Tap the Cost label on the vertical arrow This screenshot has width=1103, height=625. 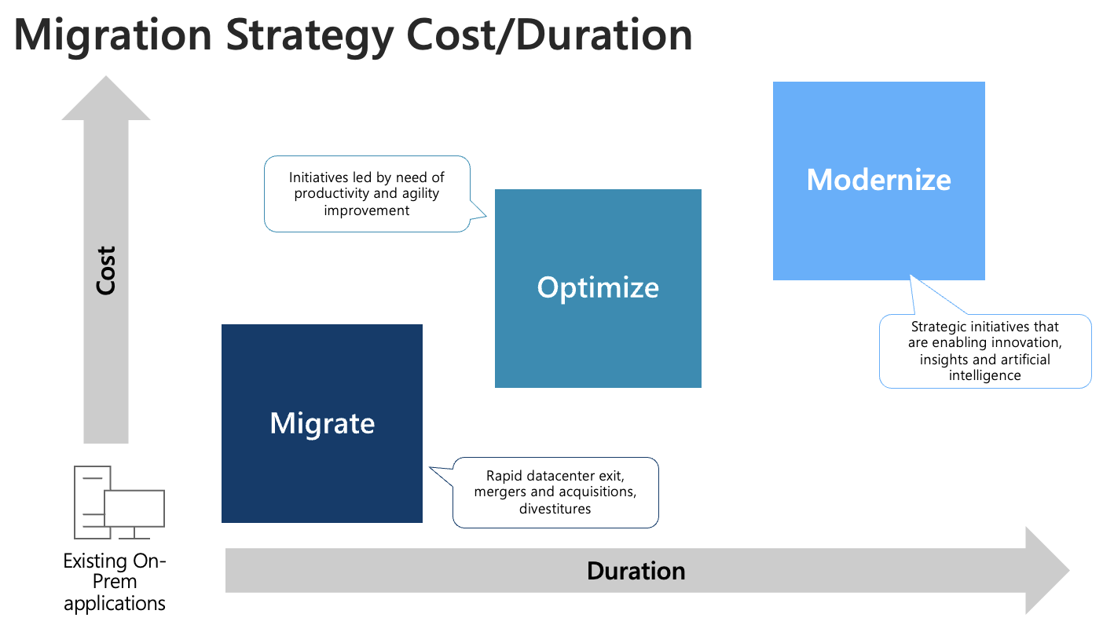106,271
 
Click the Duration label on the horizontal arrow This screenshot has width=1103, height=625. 636,571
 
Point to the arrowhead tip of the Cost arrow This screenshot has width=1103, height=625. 106,79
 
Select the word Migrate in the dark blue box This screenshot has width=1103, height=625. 322,423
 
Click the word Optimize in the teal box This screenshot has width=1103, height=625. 598,287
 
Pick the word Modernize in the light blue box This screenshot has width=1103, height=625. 878,180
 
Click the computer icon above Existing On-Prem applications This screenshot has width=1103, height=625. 119,502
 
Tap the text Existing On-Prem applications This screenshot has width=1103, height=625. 115,583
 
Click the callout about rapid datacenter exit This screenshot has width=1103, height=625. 555,492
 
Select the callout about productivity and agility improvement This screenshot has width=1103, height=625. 367,194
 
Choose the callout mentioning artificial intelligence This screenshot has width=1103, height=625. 984,351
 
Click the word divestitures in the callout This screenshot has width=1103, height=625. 555,509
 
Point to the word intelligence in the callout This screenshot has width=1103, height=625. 984,375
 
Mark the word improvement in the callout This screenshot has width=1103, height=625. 367,210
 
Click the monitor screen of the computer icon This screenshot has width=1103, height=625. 134,508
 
